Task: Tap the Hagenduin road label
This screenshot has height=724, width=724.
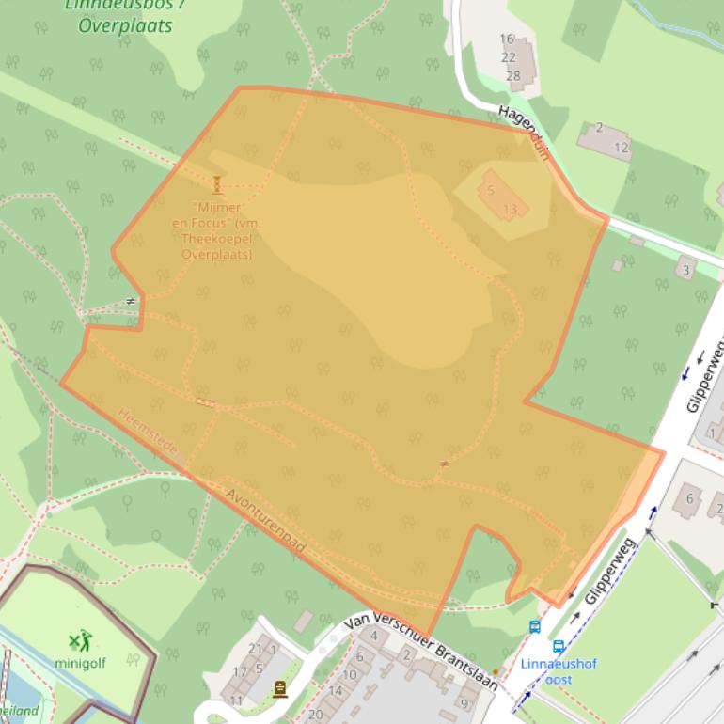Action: coord(524,133)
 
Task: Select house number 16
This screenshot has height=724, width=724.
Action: coord(507,39)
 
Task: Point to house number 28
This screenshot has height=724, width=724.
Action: coord(512,75)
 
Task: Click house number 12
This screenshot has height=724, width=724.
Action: coord(622,148)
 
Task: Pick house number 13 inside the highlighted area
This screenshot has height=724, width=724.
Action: coord(511,209)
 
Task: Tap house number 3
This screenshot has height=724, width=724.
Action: coord(685,271)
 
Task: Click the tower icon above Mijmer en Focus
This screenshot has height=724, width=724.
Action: coord(217,184)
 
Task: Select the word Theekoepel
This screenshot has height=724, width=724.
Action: coord(218,240)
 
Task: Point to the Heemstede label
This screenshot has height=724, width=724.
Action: coord(148,433)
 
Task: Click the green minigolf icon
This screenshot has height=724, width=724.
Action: coord(81,641)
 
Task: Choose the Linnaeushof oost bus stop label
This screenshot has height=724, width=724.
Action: coord(559,671)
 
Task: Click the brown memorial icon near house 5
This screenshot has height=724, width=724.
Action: coord(279,689)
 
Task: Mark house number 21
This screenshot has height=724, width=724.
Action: coord(255,649)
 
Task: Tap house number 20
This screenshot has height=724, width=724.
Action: coord(315,715)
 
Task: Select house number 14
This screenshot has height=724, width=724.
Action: coord(335,691)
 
